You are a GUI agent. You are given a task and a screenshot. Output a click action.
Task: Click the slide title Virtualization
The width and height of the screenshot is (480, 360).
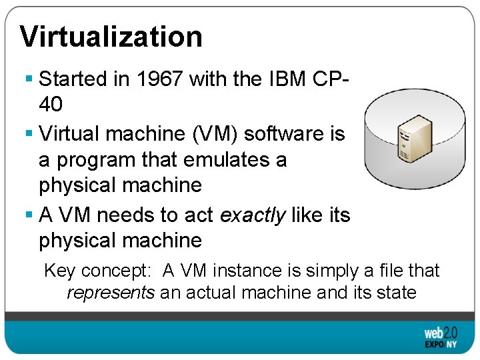(x=111, y=37)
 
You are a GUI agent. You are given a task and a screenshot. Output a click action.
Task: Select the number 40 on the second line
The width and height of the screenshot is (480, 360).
(x=51, y=105)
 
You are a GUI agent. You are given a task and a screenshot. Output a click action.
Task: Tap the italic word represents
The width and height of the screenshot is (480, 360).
(x=111, y=292)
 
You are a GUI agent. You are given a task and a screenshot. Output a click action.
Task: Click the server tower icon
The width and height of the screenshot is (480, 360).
(x=412, y=137)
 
